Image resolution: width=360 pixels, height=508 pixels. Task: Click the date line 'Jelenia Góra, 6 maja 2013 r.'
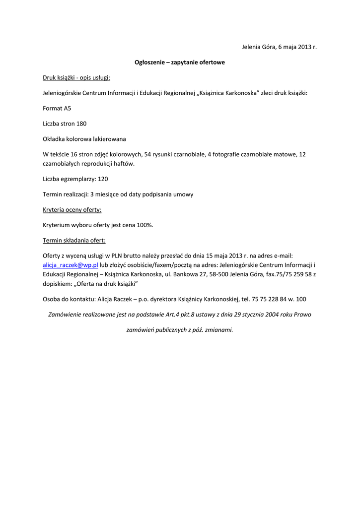[279, 47]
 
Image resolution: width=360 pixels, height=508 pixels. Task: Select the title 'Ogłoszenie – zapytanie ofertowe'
[180, 63]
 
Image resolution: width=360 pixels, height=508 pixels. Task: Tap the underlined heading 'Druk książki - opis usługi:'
[76, 78]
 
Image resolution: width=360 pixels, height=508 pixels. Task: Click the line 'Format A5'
[57, 108]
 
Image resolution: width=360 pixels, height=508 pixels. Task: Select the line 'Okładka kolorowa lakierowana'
[84, 139]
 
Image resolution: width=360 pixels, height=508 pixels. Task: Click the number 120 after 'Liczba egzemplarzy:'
[103, 179]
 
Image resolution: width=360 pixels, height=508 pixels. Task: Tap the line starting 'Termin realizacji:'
[118, 194]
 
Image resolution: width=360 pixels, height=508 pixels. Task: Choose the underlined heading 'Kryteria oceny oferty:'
[72, 210]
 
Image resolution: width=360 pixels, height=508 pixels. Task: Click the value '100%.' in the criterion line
[145, 225]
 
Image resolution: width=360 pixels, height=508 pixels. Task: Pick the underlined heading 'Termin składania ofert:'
[74, 241]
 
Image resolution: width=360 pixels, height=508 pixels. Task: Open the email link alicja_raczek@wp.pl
[71, 265]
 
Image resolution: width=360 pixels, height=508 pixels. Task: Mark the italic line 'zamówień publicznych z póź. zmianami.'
[180, 329]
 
